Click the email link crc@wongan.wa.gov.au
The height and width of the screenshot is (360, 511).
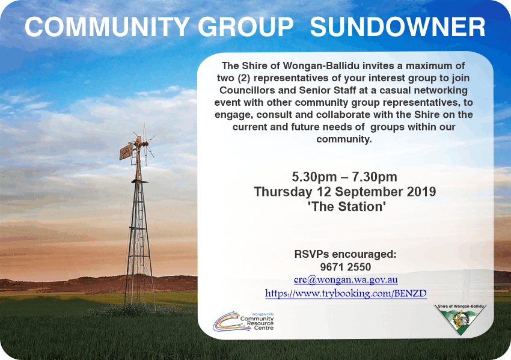tap(346, 280)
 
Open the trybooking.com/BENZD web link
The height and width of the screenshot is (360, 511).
tap(346, 293)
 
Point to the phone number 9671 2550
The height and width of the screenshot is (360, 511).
tap(346, 267)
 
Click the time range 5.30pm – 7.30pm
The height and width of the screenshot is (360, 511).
tap(344, 177)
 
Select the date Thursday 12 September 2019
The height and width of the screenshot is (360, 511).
tap(345, 192)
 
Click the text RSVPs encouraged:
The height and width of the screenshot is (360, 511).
tap(346, 254)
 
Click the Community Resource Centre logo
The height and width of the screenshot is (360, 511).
tap(243, 321)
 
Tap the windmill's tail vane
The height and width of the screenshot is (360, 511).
tap(126, 151)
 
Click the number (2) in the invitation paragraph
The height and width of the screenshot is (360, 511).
tap(243, 78)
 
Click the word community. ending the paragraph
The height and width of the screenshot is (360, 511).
tap(344, 139)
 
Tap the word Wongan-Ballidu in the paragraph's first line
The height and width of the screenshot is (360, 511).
tap(322, 66)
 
